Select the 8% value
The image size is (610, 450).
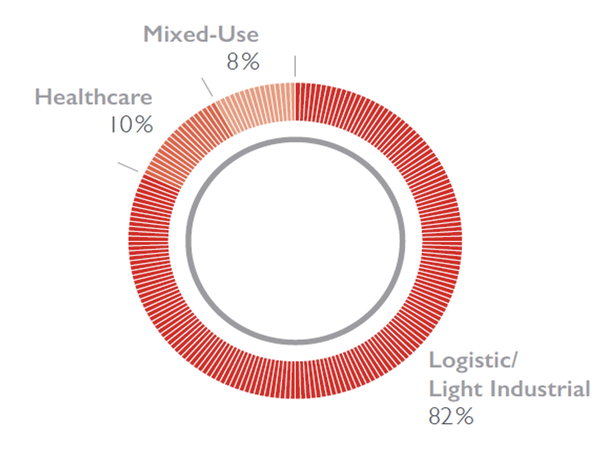tap(243, 62)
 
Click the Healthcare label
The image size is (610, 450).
tap(93, 97)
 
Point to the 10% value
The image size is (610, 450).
tap(129, 124)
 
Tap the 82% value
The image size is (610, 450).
tap(451, 417)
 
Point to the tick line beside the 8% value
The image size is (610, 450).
tap(294, 65)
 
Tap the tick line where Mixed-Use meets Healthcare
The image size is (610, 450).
tap(207, 86)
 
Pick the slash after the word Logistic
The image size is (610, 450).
tap(513, 362)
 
